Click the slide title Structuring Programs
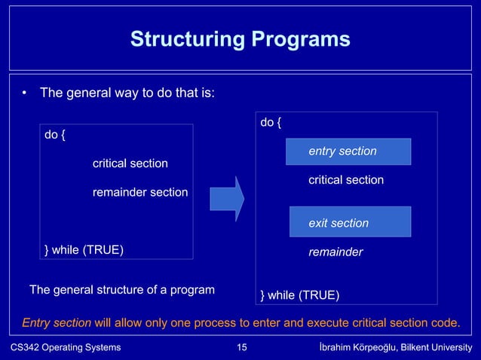[x=240, y=39]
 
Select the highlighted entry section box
[x=348, y=151]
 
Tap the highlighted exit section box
[x=350, y=223]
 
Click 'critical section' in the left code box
[x=130, y=163]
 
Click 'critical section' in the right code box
[x=345, y=180]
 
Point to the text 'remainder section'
[x=139, y=192]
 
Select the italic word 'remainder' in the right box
[x=335, y=252]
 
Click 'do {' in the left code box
[x=55, y=136]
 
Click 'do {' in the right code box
[x=271, y=122]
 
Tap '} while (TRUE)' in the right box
[x=299, y=294]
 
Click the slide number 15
[x=241, y=347]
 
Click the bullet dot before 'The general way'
[x=25, y=94]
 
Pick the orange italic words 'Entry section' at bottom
[x=57, y=323]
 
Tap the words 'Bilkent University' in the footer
[x=436, y=347]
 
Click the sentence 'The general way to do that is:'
[x=127, y=94]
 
